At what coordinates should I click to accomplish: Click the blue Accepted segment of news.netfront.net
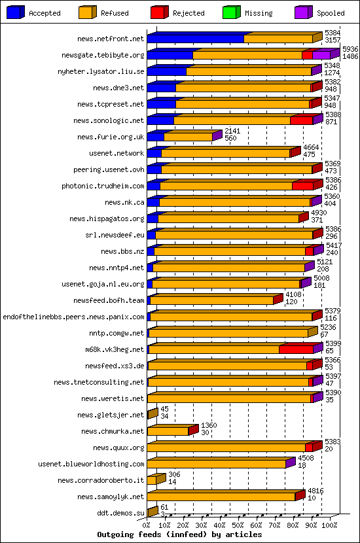(196, 39)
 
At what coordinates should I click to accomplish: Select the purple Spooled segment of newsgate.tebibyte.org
(321, 55)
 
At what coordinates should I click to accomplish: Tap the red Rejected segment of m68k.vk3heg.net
(297, 349)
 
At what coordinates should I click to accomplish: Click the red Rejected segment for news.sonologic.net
(302, 120)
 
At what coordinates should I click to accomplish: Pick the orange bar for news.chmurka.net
(168, 431)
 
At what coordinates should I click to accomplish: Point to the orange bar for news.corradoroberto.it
(151, 480)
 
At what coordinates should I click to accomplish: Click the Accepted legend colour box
(16, 12)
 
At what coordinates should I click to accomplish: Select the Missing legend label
(259, 13)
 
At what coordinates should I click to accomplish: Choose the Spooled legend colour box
(304, 12)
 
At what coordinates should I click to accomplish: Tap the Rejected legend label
(189, 13)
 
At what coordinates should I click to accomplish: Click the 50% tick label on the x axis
(238, 525)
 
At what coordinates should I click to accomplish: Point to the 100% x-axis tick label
(329, 525)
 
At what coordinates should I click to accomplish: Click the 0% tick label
(146, 525)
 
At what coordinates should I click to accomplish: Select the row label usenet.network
(117, 153)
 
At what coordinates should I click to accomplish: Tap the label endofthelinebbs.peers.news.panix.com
(73, 317)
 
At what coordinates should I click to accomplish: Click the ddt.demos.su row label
(120, 513)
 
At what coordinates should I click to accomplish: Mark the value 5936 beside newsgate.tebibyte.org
(350, 49)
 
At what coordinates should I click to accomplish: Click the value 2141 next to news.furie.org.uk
(232, 131)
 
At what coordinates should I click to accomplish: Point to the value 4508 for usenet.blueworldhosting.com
(306, 458)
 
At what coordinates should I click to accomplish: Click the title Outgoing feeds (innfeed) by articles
(179, 534)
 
